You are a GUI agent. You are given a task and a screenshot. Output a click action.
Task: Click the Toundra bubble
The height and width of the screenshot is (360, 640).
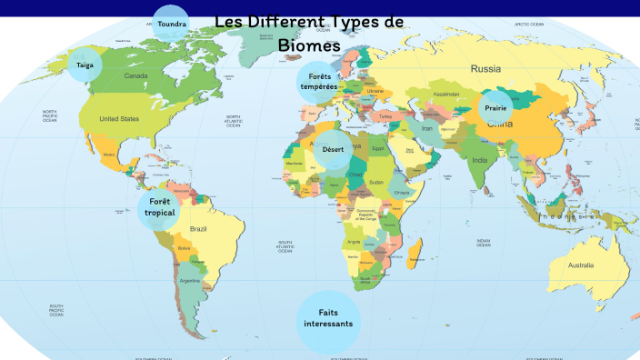pos(170,24)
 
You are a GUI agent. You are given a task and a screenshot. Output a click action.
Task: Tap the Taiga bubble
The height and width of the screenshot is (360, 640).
pos(85,65)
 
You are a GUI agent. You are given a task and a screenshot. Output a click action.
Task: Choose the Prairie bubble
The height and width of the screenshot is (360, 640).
pos(495,108)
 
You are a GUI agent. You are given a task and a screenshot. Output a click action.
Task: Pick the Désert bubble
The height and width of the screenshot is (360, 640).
pos(332,149)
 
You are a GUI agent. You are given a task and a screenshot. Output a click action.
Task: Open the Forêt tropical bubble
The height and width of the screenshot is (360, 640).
pos(159,207)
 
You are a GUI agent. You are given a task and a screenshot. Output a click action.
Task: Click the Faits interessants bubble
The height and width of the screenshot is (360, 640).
pos(328,317)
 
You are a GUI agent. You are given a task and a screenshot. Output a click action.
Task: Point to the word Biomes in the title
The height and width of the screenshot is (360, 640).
pos(309,45)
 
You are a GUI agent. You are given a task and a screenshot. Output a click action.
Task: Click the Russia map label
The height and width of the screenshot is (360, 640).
pos(485,68)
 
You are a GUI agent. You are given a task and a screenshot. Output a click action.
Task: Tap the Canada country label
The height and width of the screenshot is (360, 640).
pos(135,76)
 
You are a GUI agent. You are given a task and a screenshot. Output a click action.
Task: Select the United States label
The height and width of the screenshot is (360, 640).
pos(119,119)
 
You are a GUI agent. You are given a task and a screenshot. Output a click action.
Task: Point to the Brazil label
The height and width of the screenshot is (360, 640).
pos(199,228)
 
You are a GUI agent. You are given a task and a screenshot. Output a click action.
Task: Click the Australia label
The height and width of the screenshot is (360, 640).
pos(580,265)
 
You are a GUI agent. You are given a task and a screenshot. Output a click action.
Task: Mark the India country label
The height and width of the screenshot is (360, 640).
pos(479,161)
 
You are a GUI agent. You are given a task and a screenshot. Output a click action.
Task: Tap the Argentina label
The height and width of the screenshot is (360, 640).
pos(190,282)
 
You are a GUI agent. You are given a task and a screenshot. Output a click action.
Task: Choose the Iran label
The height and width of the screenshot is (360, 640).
pos(426,129)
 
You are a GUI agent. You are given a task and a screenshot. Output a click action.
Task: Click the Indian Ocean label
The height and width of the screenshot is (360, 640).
pos(483,243)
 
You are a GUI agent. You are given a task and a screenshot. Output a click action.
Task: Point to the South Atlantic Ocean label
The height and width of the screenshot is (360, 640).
pos(285,246)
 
